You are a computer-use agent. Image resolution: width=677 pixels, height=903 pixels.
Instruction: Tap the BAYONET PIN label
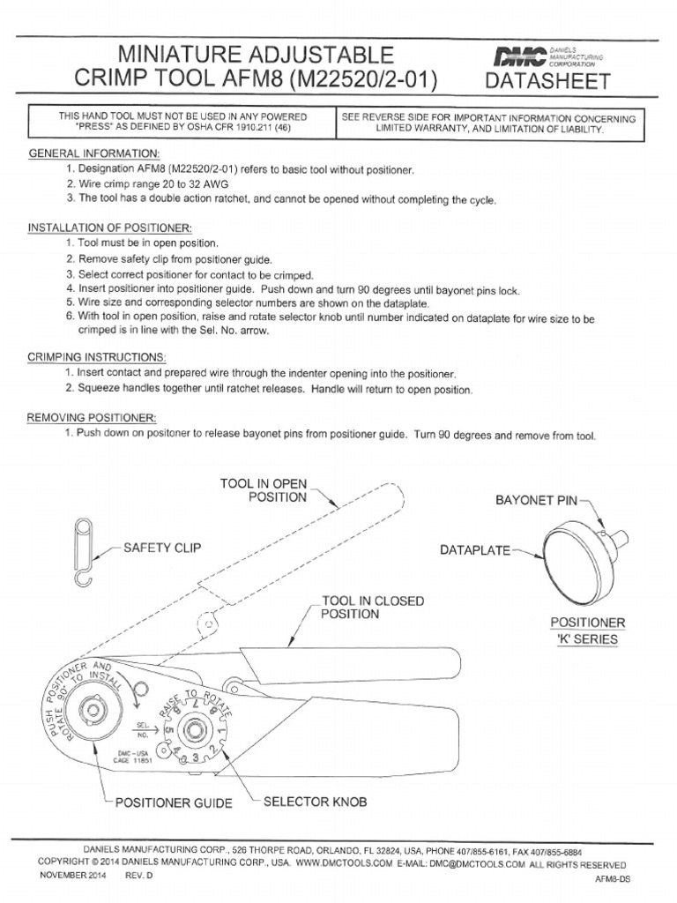tap(535, 500)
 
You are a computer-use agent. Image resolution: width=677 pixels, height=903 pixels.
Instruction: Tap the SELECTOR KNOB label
tap(315, 802)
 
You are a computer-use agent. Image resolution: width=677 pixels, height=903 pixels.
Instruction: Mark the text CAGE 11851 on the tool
tap(135, 761)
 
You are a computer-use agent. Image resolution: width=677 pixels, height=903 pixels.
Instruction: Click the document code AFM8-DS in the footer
tap(612, 880)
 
